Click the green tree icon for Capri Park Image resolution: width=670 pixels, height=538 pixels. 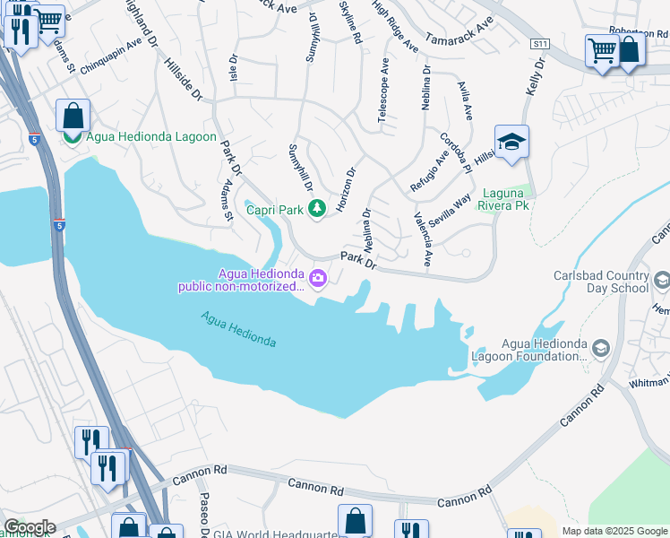click(316, 209)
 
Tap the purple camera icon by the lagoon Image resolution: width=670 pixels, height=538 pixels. click(319, 280)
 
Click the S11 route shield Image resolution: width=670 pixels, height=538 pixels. click(538, 43)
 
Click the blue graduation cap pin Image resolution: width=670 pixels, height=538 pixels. click(511, 143)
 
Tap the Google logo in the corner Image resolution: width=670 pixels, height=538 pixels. click(29, 527)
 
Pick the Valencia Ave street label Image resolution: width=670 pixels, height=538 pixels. click(423, 239)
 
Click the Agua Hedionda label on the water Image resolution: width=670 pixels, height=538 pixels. click(238, 329)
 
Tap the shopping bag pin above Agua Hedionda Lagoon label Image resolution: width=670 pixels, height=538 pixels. click(73, 116)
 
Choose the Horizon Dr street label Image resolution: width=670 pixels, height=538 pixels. click(347, 189)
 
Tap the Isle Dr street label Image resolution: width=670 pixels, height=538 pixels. click(234, 73)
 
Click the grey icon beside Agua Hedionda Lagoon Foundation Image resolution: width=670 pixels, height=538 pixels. click(601, 347)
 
